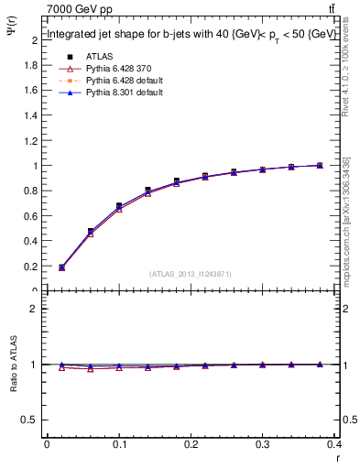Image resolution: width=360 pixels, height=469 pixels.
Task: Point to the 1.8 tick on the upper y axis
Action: (31, 65)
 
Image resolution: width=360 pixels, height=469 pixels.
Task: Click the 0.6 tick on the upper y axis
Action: (31, 216)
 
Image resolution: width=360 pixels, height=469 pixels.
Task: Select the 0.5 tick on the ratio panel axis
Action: (31, 420)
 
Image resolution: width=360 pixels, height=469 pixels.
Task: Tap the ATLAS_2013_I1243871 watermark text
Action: (191, 274)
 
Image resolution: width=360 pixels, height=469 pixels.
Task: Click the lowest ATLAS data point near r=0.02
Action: (61, 267)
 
